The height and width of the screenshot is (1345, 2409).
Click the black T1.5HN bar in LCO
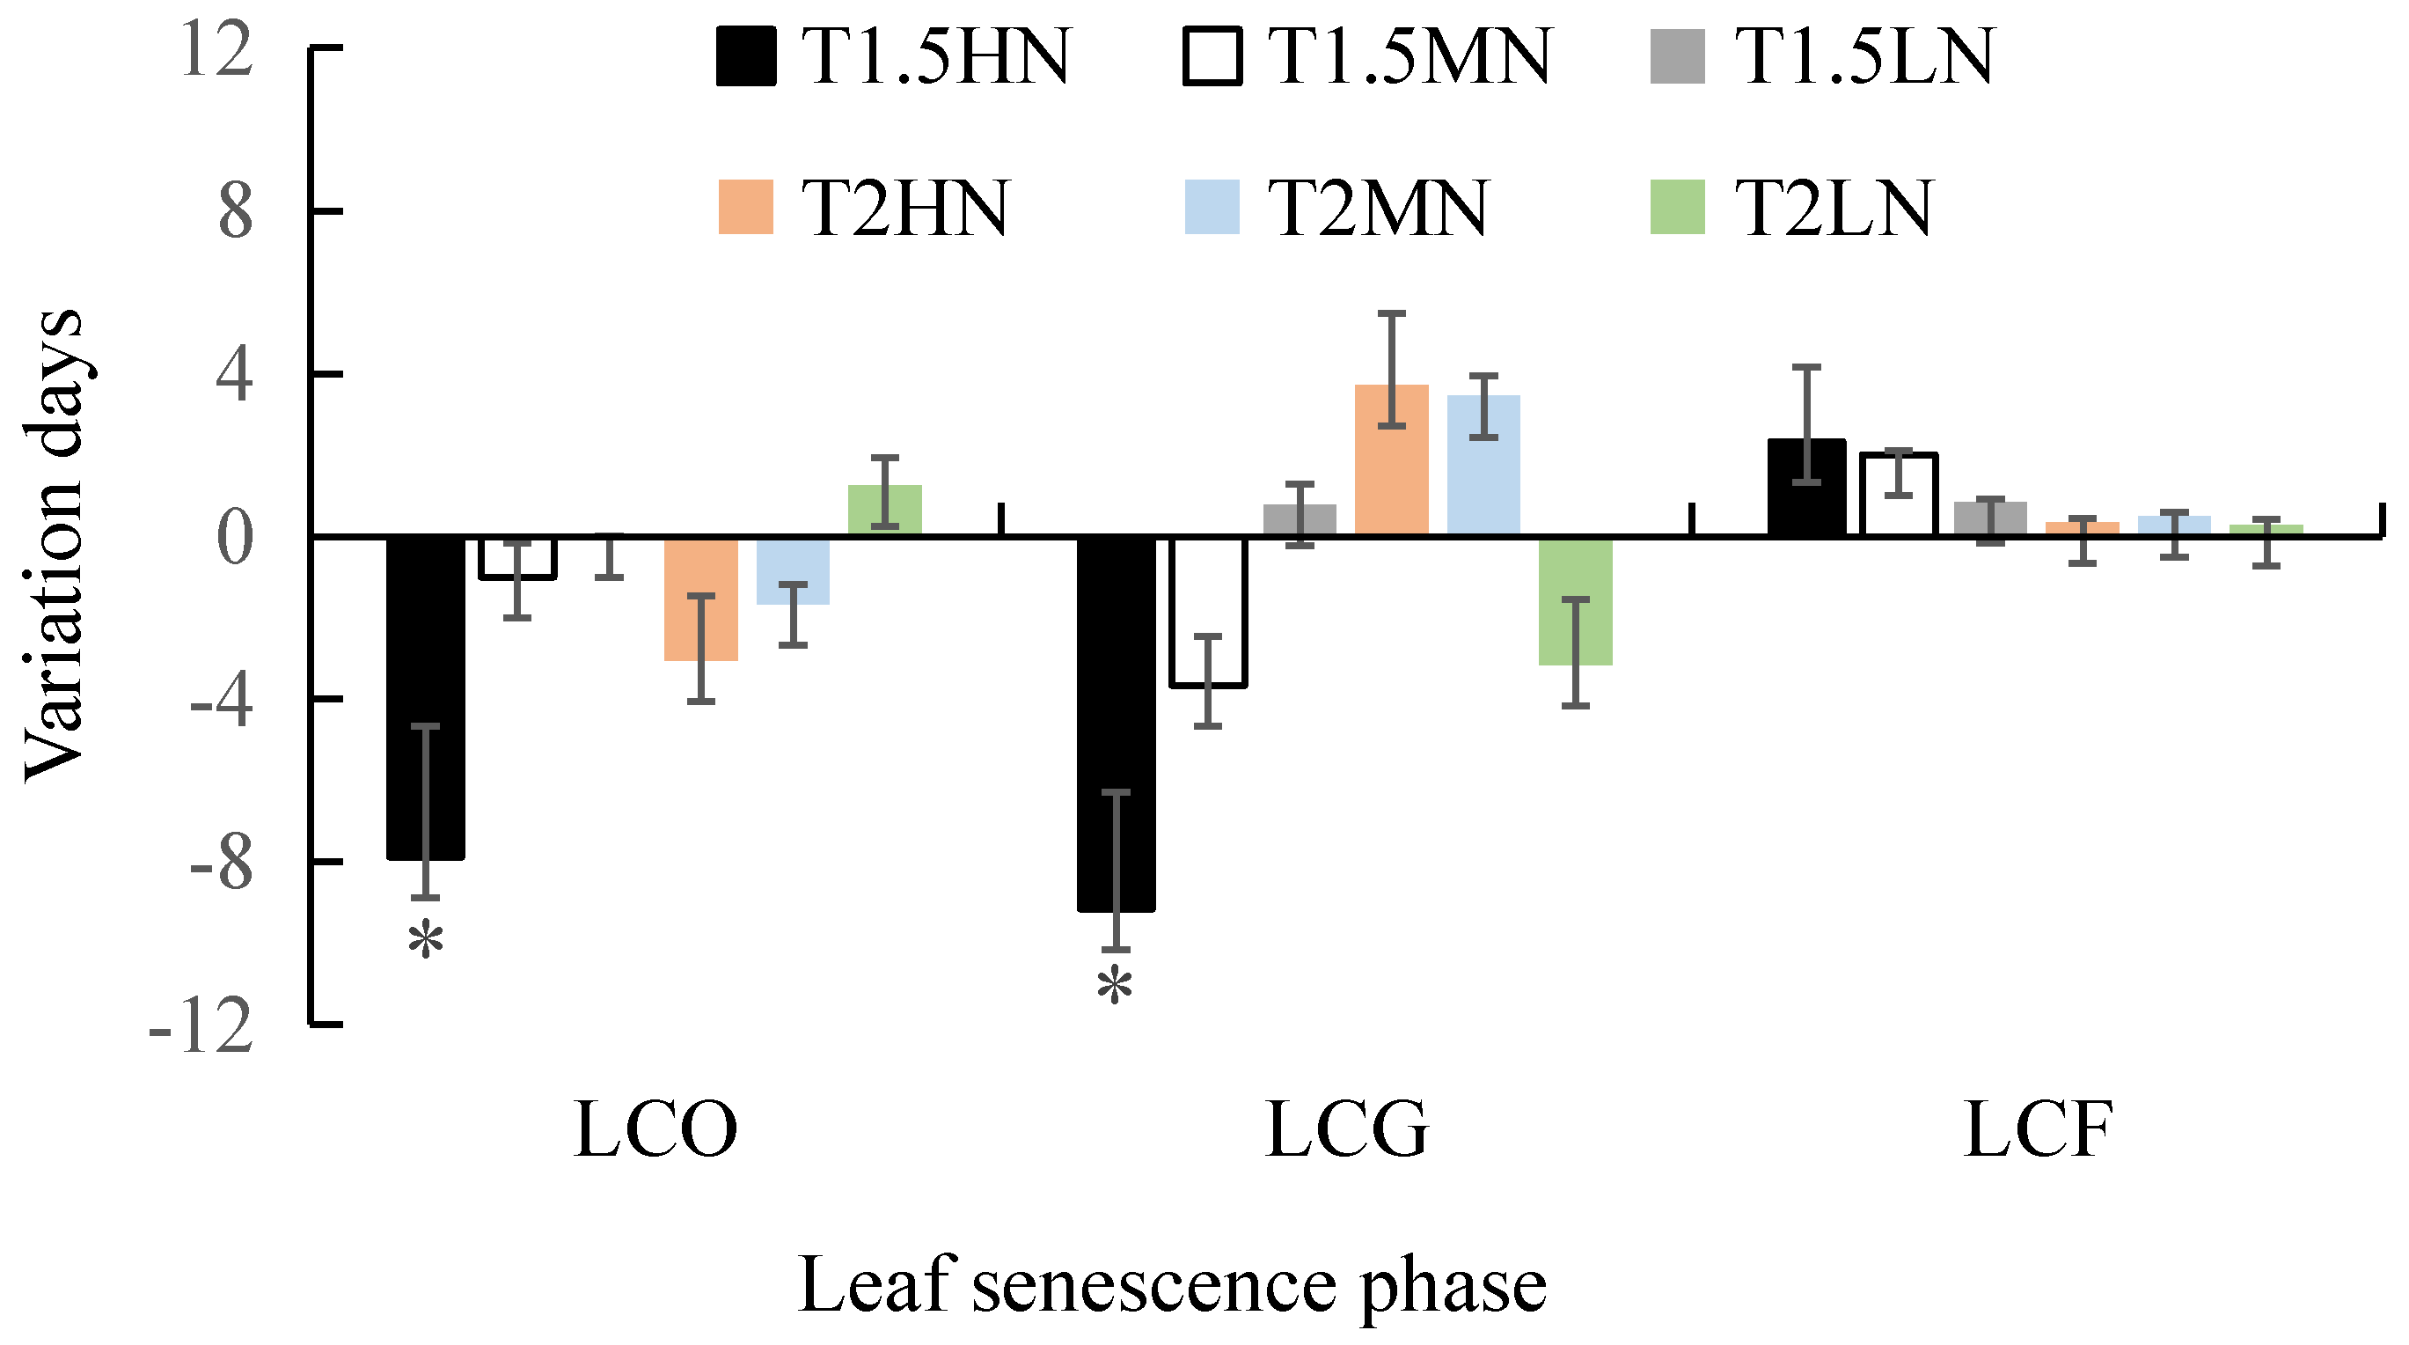point(426,697)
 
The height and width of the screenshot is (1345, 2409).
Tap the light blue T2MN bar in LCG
point(1483,466)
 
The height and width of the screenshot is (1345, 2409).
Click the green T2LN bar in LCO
point(884,511)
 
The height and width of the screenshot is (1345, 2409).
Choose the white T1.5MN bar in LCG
point(1208,612)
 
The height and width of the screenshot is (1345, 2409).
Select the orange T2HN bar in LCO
point(701,599)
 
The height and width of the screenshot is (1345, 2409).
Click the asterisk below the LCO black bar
point(426,939)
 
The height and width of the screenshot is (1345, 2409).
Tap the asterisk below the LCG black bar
point(1115,988)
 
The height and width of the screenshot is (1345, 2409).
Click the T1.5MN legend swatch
point(1212,57)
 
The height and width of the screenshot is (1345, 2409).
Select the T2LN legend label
point(1833,208)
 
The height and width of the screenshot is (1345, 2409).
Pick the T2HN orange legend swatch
point(745,207)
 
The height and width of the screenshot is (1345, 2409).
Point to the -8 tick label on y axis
point(222,864)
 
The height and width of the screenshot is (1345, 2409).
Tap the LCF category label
point(2039,1130)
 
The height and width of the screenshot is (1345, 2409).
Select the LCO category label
point(655,1130)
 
